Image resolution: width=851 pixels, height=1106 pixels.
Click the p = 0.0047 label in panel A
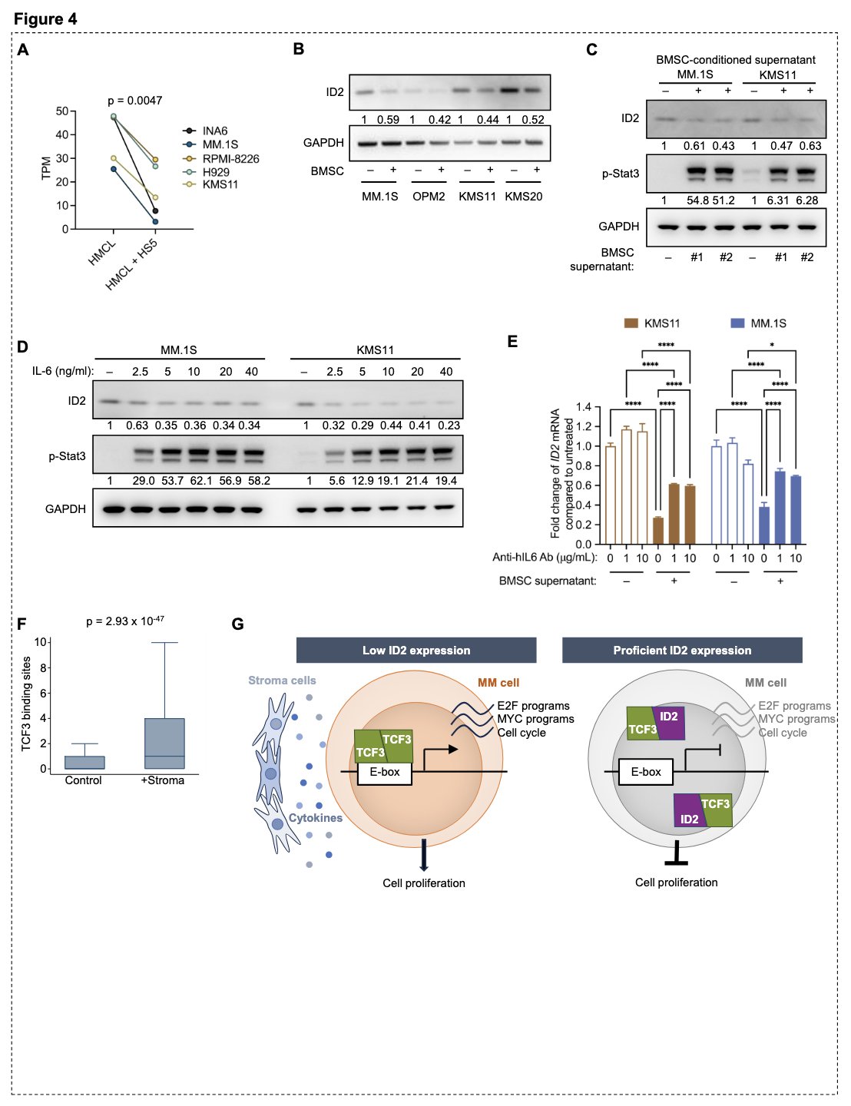134,101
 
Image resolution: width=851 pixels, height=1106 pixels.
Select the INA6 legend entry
214,131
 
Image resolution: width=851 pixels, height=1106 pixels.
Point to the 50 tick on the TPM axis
62,111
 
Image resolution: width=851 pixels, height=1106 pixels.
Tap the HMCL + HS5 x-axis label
132,264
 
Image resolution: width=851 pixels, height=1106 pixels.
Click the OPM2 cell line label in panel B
429,197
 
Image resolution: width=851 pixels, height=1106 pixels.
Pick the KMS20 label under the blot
523,197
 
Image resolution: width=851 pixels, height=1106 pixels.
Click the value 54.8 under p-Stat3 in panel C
697,200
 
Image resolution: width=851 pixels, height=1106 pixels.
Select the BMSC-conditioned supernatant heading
735,60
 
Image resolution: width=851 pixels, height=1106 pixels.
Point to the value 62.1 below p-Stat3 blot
199,481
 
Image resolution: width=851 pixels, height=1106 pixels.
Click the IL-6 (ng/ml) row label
62,372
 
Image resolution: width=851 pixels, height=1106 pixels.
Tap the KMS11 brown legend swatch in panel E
631,323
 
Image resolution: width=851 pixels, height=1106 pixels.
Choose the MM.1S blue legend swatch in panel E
737,323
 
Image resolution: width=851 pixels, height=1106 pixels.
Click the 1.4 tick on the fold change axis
583,407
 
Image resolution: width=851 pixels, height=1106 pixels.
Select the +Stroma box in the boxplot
164,743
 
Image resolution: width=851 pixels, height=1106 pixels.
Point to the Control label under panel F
83,780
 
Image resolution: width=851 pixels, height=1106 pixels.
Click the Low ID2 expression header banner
416,651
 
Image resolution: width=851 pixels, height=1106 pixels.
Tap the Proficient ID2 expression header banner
682,651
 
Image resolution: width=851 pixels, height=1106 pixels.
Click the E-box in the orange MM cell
385,772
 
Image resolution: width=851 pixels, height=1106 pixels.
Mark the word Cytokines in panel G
316,818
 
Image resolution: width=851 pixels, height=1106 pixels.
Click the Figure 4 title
45,19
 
